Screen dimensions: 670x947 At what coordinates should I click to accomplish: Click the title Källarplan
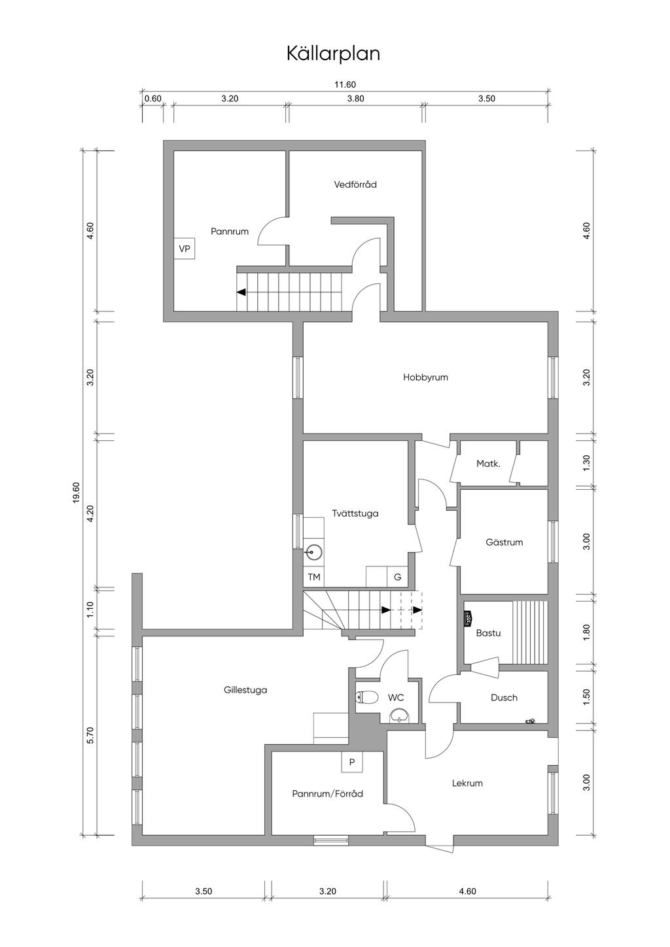point(333,54)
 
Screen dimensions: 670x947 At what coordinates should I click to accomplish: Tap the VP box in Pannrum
point(185,249)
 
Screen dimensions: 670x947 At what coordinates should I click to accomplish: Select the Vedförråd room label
point(355,184)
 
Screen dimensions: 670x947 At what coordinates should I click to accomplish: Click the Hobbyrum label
point(425,377)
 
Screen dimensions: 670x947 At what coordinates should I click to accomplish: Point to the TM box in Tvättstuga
point(314,577)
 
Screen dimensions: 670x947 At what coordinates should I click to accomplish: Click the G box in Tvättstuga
point(398,577)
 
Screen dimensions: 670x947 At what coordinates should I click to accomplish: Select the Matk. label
point(489,464)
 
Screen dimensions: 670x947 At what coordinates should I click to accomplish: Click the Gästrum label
point(504,542)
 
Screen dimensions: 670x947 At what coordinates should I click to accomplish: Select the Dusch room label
point(504,698)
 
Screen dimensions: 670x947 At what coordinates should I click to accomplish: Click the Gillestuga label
point(245,690)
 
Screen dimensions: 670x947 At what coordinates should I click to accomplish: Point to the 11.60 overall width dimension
point(345,84)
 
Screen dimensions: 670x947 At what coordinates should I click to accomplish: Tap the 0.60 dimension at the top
point(152,99)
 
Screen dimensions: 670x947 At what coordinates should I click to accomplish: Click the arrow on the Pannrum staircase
point(289,292)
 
